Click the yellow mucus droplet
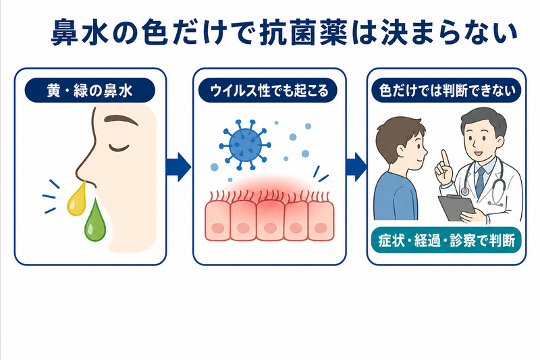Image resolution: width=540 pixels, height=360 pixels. pyautogui.click(x=76, y=201)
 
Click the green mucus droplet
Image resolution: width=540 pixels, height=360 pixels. pyautogui.click(x=94, y=222)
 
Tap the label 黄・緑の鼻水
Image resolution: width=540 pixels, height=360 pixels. pyautogui.click(x=90, y=91)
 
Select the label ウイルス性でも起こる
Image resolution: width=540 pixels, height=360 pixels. pyautogui.click(x=269, y=91)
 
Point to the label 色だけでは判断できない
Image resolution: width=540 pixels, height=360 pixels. pyautogui.click(x=447, y=91)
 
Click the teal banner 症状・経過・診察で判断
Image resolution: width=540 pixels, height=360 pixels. pyautogui.click(x=447, y=240)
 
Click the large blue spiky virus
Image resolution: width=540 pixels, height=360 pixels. pyautogui.click(x=245, y=145)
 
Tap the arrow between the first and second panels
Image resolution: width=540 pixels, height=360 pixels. pyautogui.click(x=179, y=167)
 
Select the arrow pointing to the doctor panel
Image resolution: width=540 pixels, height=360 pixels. pyautogui.click(x=356, y=167)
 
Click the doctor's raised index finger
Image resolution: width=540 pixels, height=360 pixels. pyautogui.click(x=445, y=159)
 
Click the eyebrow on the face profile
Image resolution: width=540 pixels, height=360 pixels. pyautogui.click(x=121, y=120)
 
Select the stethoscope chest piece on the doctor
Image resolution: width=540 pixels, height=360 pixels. pyautogui.click(x=465, y=190)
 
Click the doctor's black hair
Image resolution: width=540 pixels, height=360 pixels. pyautogui.click(x=482, y=119)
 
